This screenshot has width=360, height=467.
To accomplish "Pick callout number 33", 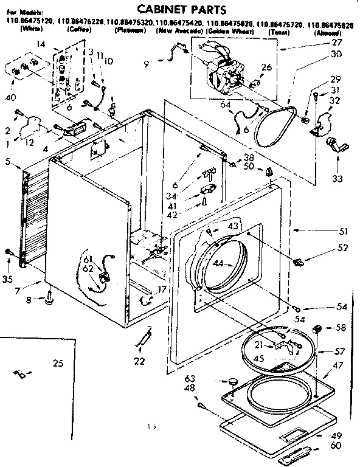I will pos(337,179).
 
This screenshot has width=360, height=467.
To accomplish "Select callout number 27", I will pos(337,43).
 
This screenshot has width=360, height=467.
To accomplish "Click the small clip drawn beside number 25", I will pos(19,372).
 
